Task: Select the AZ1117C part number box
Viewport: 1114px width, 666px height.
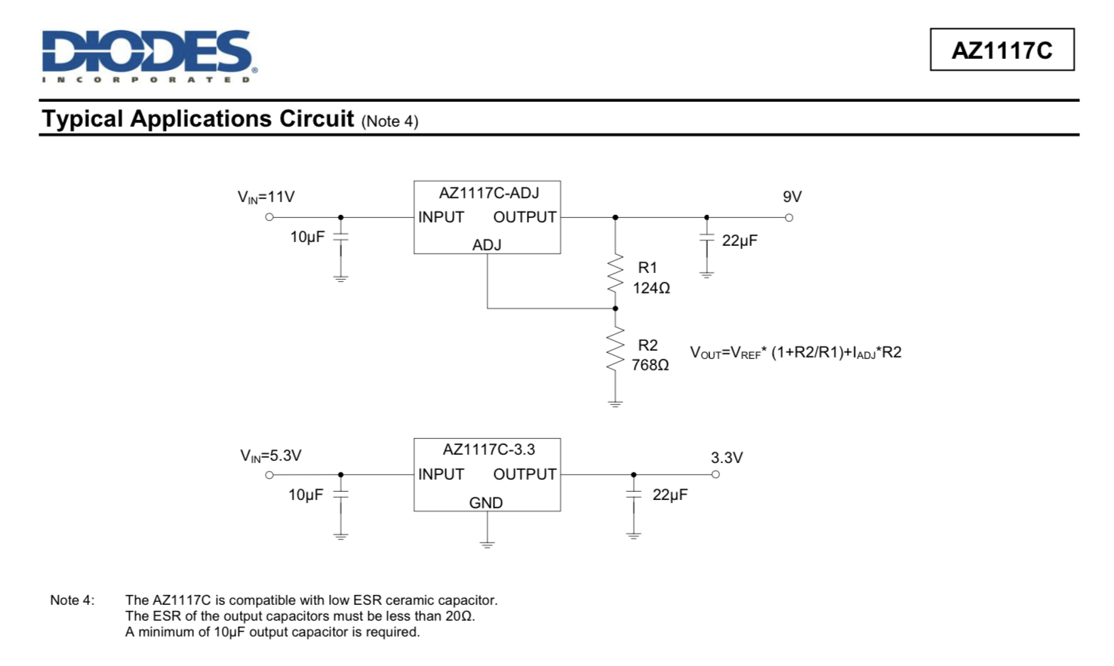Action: click(x=1002, y=50)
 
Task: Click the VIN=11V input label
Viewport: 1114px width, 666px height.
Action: click(x=266, y=197)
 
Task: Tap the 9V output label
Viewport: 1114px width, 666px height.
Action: click(x=792, y=197)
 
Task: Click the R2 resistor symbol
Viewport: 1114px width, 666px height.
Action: click(x=615, y=349)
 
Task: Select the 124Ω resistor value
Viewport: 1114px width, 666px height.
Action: click(x=651, y=288)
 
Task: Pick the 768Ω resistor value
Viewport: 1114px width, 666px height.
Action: click(x=650, y=365)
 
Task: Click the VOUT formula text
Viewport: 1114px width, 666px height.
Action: click(x=795, y=353)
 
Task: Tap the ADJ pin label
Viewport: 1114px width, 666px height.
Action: click(x=487, y=245)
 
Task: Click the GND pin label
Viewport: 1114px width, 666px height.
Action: click(x=485, y=503)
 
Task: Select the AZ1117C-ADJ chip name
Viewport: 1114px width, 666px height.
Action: click(x=488, y=193)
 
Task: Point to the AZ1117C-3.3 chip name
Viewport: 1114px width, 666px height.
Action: click(x=488, y=450)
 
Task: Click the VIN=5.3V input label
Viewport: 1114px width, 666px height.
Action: click(x=270, y=456)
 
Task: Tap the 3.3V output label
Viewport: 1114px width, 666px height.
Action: click(x=726, y=458)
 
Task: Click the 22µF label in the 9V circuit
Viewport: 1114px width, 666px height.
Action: click(x=739, y=241)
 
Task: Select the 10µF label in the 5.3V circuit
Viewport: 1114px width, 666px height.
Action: click(x=306, y=495)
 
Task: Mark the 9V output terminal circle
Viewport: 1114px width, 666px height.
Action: click(x=789, y=218)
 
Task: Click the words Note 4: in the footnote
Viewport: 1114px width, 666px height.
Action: click(x=72, y=600)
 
